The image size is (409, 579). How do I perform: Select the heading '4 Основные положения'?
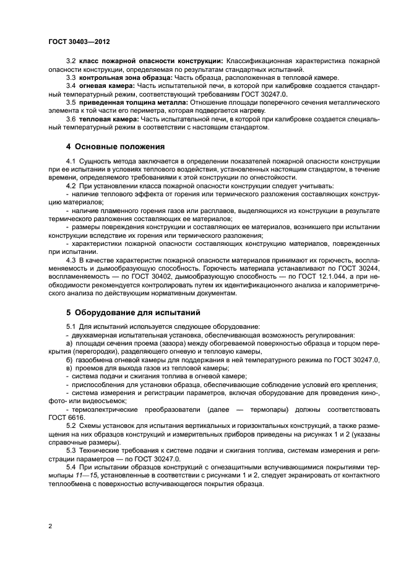tap(115, 147)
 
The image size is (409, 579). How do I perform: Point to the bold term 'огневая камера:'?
tap(103, 85)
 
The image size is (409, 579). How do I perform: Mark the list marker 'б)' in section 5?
tap(69, 360)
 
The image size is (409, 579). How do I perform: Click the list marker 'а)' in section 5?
tap(69, 343)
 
